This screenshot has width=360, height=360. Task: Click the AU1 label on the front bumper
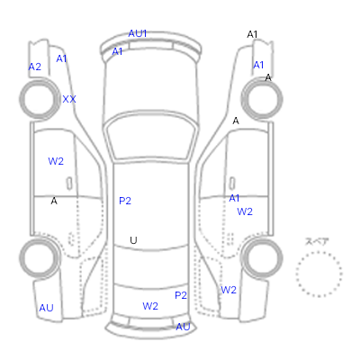point(138,33)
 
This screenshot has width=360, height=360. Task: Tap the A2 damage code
point(35,67)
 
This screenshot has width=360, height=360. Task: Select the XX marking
point(69,99)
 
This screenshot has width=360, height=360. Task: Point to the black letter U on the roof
point(133,240)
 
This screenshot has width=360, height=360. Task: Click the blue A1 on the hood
point(117,51)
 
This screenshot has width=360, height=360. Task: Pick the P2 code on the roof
point(125,201)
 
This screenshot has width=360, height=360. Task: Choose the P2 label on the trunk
point(181,295)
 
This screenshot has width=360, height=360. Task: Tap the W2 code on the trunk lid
point(150,306)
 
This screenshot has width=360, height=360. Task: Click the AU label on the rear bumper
point(183,327)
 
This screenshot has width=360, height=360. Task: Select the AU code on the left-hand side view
point(46,308)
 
